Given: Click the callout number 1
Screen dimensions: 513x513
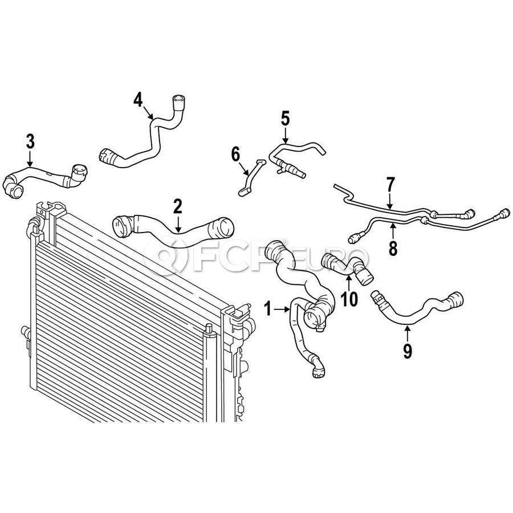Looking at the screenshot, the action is tap(268, 309).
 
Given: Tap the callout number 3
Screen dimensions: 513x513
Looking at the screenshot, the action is tap(30, 142).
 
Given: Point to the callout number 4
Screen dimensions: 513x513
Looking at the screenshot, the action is tap(138, 100).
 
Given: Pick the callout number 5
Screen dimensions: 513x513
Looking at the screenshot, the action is tap(286, 118).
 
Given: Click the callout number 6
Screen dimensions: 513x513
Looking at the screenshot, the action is tap(235, 154).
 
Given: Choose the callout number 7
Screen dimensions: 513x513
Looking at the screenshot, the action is tap(390, 185).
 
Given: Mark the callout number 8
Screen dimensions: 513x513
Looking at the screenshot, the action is tap(393, 248).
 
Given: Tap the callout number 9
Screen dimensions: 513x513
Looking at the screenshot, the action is tap(408, 351).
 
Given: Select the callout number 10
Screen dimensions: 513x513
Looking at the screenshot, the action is tap(349, 299).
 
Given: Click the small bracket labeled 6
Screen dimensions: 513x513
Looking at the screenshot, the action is tap(251, 178).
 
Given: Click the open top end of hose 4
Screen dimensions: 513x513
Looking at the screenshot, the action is tap(178, 99).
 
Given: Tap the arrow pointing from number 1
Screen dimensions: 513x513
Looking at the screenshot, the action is tap(282, 309).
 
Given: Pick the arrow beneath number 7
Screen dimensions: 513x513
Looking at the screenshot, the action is tap(390, 201).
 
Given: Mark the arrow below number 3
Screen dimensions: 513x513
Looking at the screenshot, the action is tap(30, 158).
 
